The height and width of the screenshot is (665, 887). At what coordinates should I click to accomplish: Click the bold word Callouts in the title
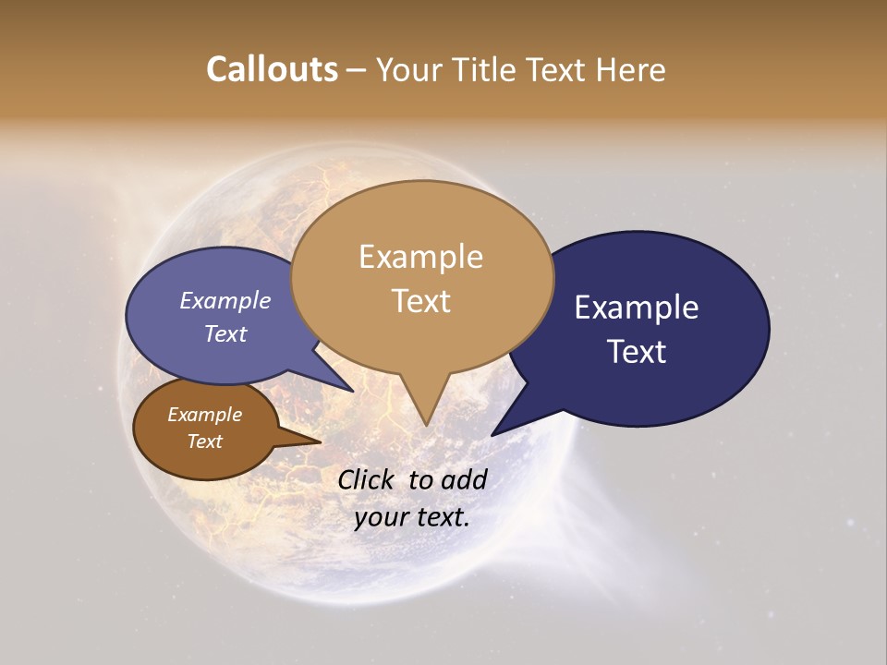(272, 69)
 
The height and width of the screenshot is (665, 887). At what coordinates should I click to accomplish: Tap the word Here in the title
(631, 69)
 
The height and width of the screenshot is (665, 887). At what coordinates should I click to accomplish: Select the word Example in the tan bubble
(421, 257)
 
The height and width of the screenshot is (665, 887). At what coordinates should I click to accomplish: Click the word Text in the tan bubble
(421, 301)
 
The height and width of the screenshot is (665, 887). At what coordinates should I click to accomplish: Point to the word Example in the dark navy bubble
(637, 308)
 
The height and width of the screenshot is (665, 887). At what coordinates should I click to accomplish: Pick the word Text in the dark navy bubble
(638, 351)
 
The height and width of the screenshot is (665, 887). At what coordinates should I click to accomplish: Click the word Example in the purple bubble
(225, 300)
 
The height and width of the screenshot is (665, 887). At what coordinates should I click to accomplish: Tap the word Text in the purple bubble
(225, 333)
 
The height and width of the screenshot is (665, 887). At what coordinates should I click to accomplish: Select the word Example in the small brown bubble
(205, 415)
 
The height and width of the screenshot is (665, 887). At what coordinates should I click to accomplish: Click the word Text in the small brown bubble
(205, 441)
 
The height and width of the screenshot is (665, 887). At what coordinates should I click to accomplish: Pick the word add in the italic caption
(465, 479)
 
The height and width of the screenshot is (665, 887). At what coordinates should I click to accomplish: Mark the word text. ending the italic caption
(441, 517)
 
